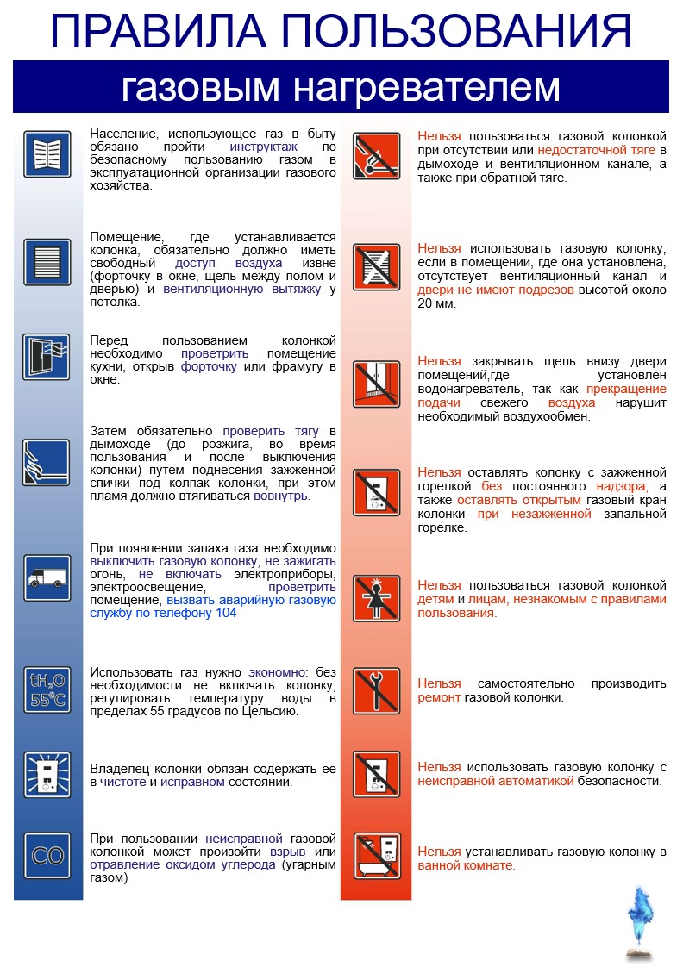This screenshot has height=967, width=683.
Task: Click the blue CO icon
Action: [47, 856]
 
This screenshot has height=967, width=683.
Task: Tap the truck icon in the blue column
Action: [47, 577]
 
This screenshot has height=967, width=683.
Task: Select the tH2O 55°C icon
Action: [47, 689]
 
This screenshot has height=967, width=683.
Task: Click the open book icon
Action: [47, 155]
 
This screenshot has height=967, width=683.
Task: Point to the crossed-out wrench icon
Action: [377, 689]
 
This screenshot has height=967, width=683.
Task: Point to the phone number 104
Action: [224, 613]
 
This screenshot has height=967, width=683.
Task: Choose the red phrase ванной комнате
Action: [467, 865]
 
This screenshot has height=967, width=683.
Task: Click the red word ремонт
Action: [440, 697]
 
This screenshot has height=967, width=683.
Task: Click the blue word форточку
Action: [210, 366]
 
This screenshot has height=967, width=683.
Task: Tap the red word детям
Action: [435, 599]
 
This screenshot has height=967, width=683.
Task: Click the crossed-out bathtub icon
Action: [377, 856]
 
